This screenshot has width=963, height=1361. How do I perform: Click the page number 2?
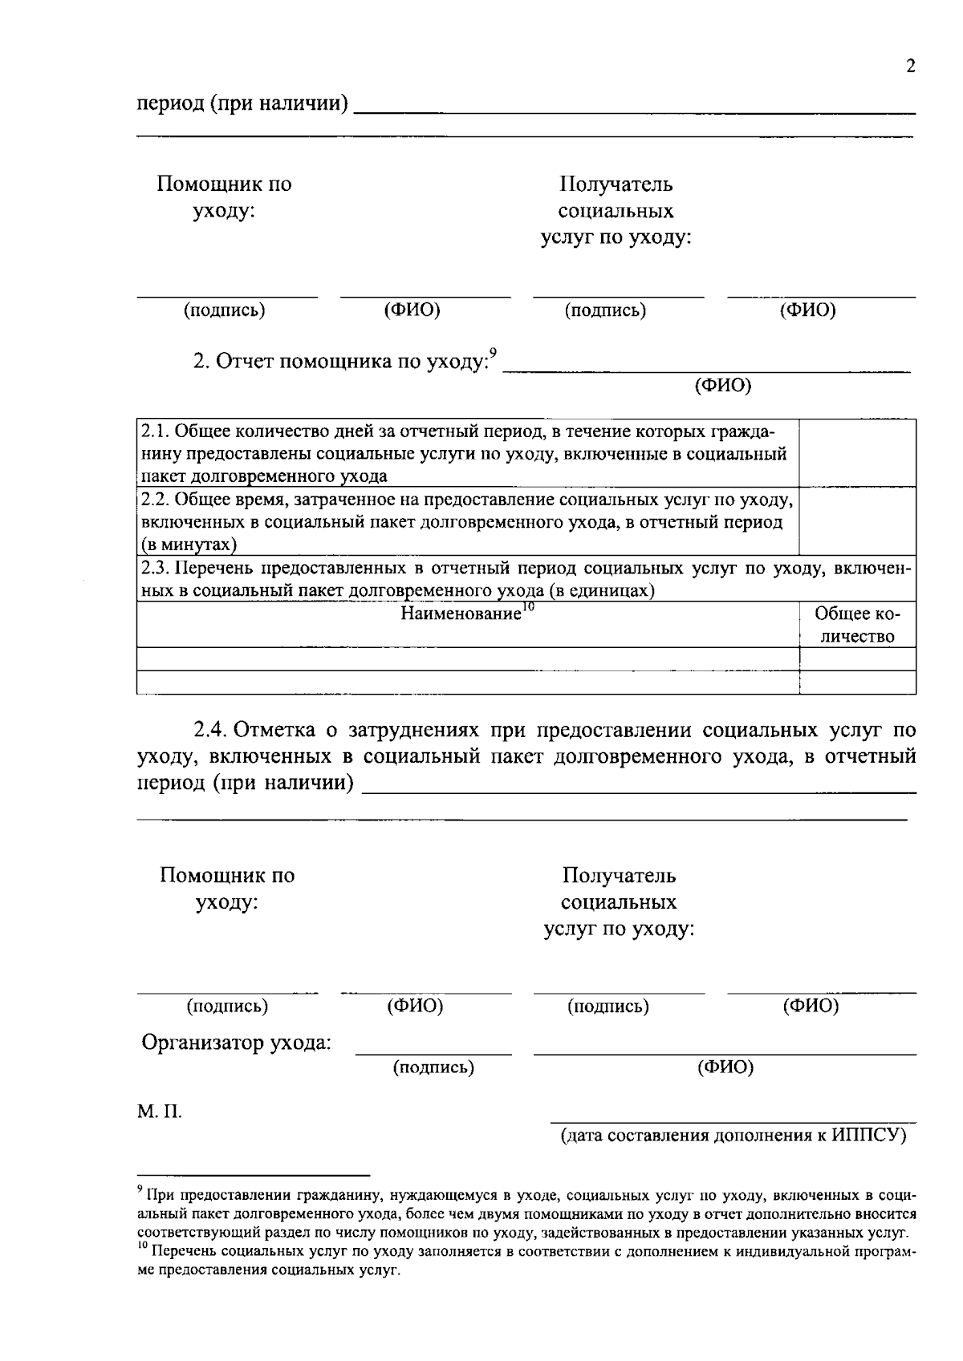coord(910,67)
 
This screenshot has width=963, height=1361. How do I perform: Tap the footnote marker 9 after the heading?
coord(494,352)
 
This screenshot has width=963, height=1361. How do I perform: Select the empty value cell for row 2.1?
coord(857,453)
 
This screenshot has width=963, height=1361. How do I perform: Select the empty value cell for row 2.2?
coord(857,521)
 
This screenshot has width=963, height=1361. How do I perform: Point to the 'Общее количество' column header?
coord(857,626)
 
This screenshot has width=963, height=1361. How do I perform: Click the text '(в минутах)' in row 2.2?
coord(181,545)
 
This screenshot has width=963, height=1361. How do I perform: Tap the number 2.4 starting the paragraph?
coord(212,731)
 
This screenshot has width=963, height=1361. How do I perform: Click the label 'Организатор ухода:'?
coord(237,1043)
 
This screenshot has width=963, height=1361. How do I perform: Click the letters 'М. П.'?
coord(160,1112)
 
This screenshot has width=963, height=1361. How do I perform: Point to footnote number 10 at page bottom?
coord(143,1246)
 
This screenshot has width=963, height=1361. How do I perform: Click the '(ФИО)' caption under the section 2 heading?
coord(722,386)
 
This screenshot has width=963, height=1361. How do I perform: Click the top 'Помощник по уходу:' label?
coord(224,197)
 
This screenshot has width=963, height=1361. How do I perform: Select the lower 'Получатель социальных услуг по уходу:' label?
coord(619,902)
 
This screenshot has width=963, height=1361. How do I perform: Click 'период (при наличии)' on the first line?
coord(242,104)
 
